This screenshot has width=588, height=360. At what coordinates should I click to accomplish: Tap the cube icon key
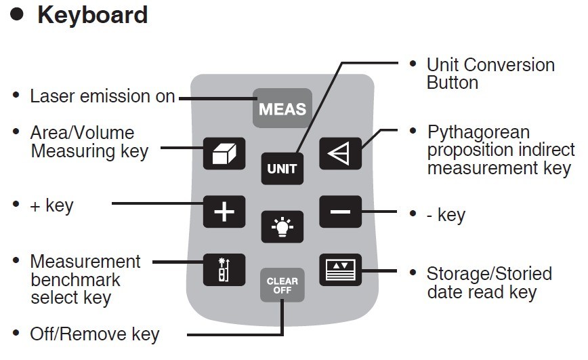tap(224, 154)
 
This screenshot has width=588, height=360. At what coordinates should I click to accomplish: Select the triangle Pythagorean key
tap(340, 154)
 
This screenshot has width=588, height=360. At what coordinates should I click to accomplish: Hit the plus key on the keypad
tap(224, 212)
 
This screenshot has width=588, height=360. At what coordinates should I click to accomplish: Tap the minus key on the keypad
tap(340, 212)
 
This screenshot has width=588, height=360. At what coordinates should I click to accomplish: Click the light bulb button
tap(282, 226)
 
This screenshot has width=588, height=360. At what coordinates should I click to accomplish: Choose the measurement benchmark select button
tap(224, 269)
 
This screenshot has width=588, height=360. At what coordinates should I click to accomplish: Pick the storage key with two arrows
tap(340, 269)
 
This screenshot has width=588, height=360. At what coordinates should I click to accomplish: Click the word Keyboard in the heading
tap(93, 15)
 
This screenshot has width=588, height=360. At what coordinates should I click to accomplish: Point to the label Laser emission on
tap(102, 97)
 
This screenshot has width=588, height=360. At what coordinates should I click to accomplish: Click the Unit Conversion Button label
tap(490, 74)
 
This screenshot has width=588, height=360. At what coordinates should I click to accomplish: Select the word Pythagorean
tap(478, 132)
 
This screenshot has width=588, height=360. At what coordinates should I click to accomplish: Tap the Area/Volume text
tap(82, 133)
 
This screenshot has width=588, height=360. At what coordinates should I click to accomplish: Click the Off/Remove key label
tap(95, 334)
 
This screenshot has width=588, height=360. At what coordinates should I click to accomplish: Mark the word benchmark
tap(75, 279)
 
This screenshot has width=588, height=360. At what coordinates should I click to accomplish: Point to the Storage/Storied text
tap(489, 274)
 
